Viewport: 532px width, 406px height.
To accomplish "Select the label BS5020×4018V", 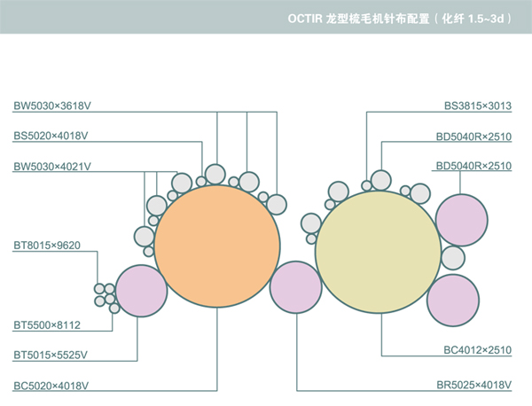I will point(51,136).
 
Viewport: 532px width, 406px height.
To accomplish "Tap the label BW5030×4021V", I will point(52,166).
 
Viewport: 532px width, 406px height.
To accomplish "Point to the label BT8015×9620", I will point(47,244).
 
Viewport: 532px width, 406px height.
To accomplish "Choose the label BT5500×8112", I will point(47,324).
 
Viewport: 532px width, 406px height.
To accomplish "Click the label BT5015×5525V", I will point(51,355).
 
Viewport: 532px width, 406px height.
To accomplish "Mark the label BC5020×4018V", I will point(51,385).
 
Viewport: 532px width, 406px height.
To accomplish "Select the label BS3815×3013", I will point(478,105).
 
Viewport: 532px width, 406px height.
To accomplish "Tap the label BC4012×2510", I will point(478,350).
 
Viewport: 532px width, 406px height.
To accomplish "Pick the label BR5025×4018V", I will point(474,385).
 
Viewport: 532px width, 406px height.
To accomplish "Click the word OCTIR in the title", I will point(307,18).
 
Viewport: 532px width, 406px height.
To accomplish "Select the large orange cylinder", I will point(215,246).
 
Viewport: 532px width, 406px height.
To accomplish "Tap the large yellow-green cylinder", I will point(376,251).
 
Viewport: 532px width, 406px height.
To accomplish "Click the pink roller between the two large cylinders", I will point(295,287).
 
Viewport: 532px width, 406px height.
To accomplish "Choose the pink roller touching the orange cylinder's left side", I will point(141,291).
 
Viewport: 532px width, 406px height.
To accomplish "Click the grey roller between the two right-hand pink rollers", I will point(452,258).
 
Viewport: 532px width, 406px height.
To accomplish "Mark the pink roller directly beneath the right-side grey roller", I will point(453,300).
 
